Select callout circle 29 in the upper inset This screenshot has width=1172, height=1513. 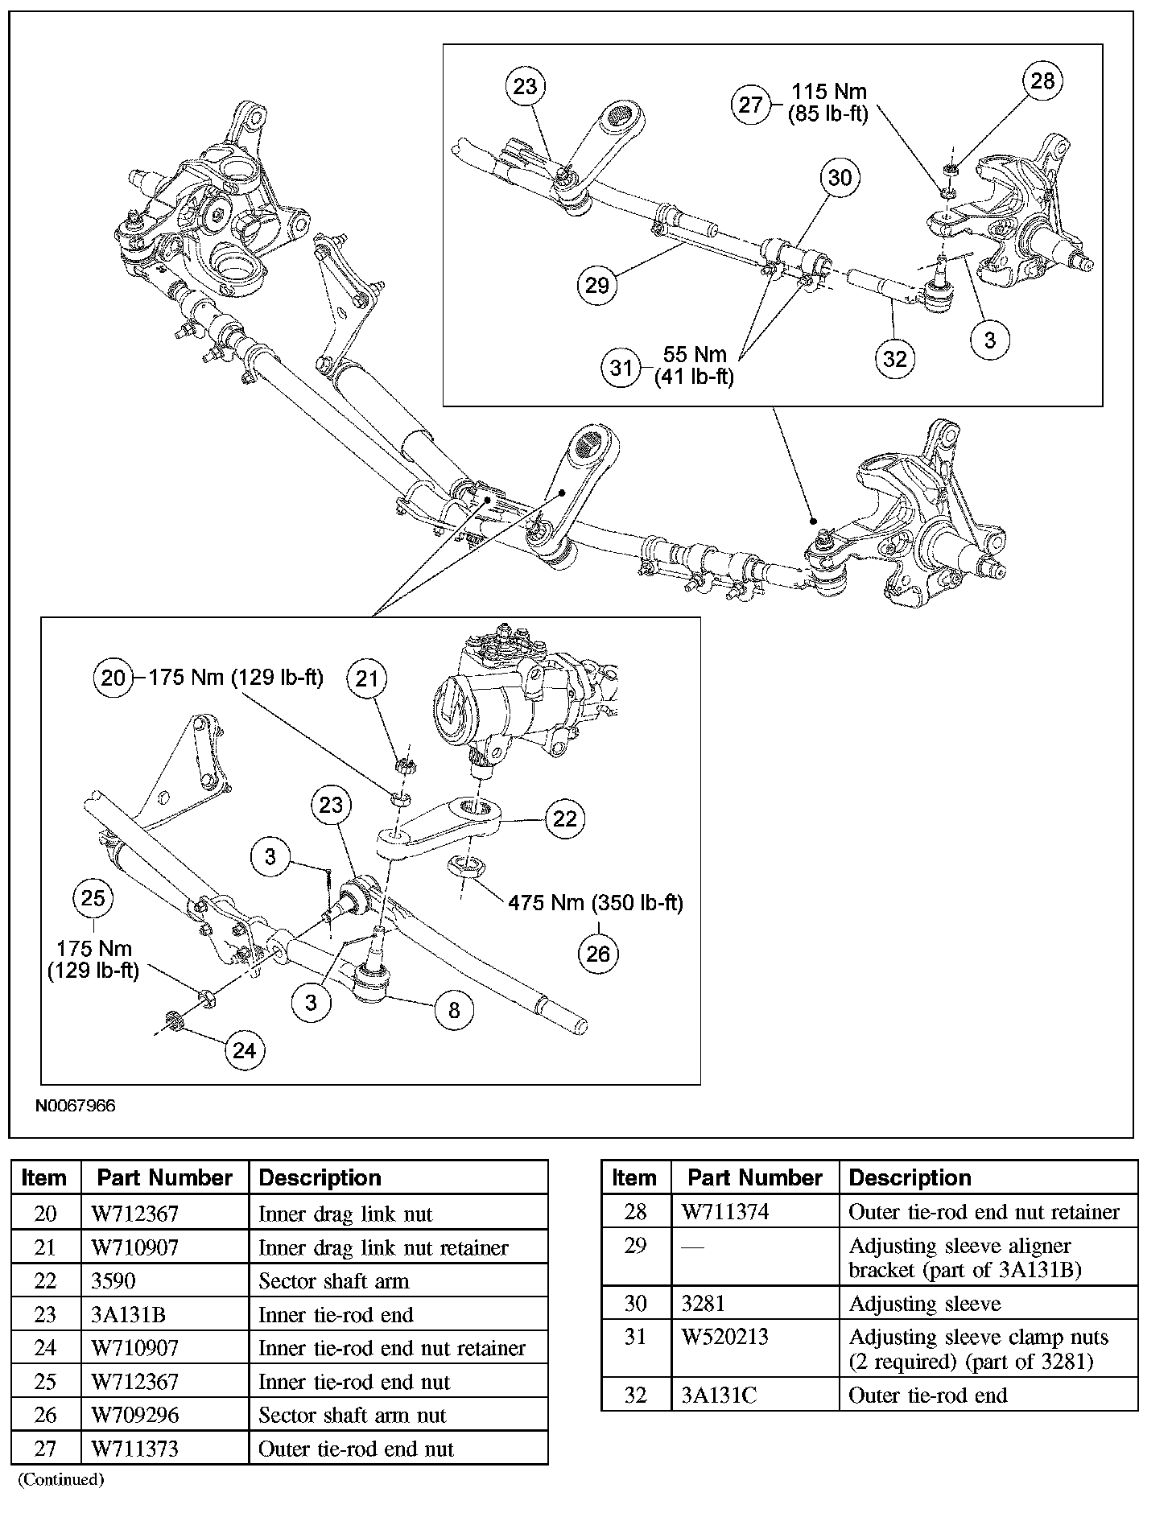click(x=597, y=285)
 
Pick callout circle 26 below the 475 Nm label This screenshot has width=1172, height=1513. click(x=598, y=954)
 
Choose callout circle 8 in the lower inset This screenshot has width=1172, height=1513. click(x=454, y=1010)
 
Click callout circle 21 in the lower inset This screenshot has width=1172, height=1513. click(x=367, y=678)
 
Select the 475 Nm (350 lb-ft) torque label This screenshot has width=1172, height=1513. click(x=596, y=903)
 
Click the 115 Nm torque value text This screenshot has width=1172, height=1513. click(x=829, y=92)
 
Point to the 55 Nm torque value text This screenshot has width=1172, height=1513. click(x=695, y=354)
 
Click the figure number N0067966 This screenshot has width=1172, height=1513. click(x=75, y=1106)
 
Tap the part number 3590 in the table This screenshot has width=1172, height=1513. click(x=114, y=1281)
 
